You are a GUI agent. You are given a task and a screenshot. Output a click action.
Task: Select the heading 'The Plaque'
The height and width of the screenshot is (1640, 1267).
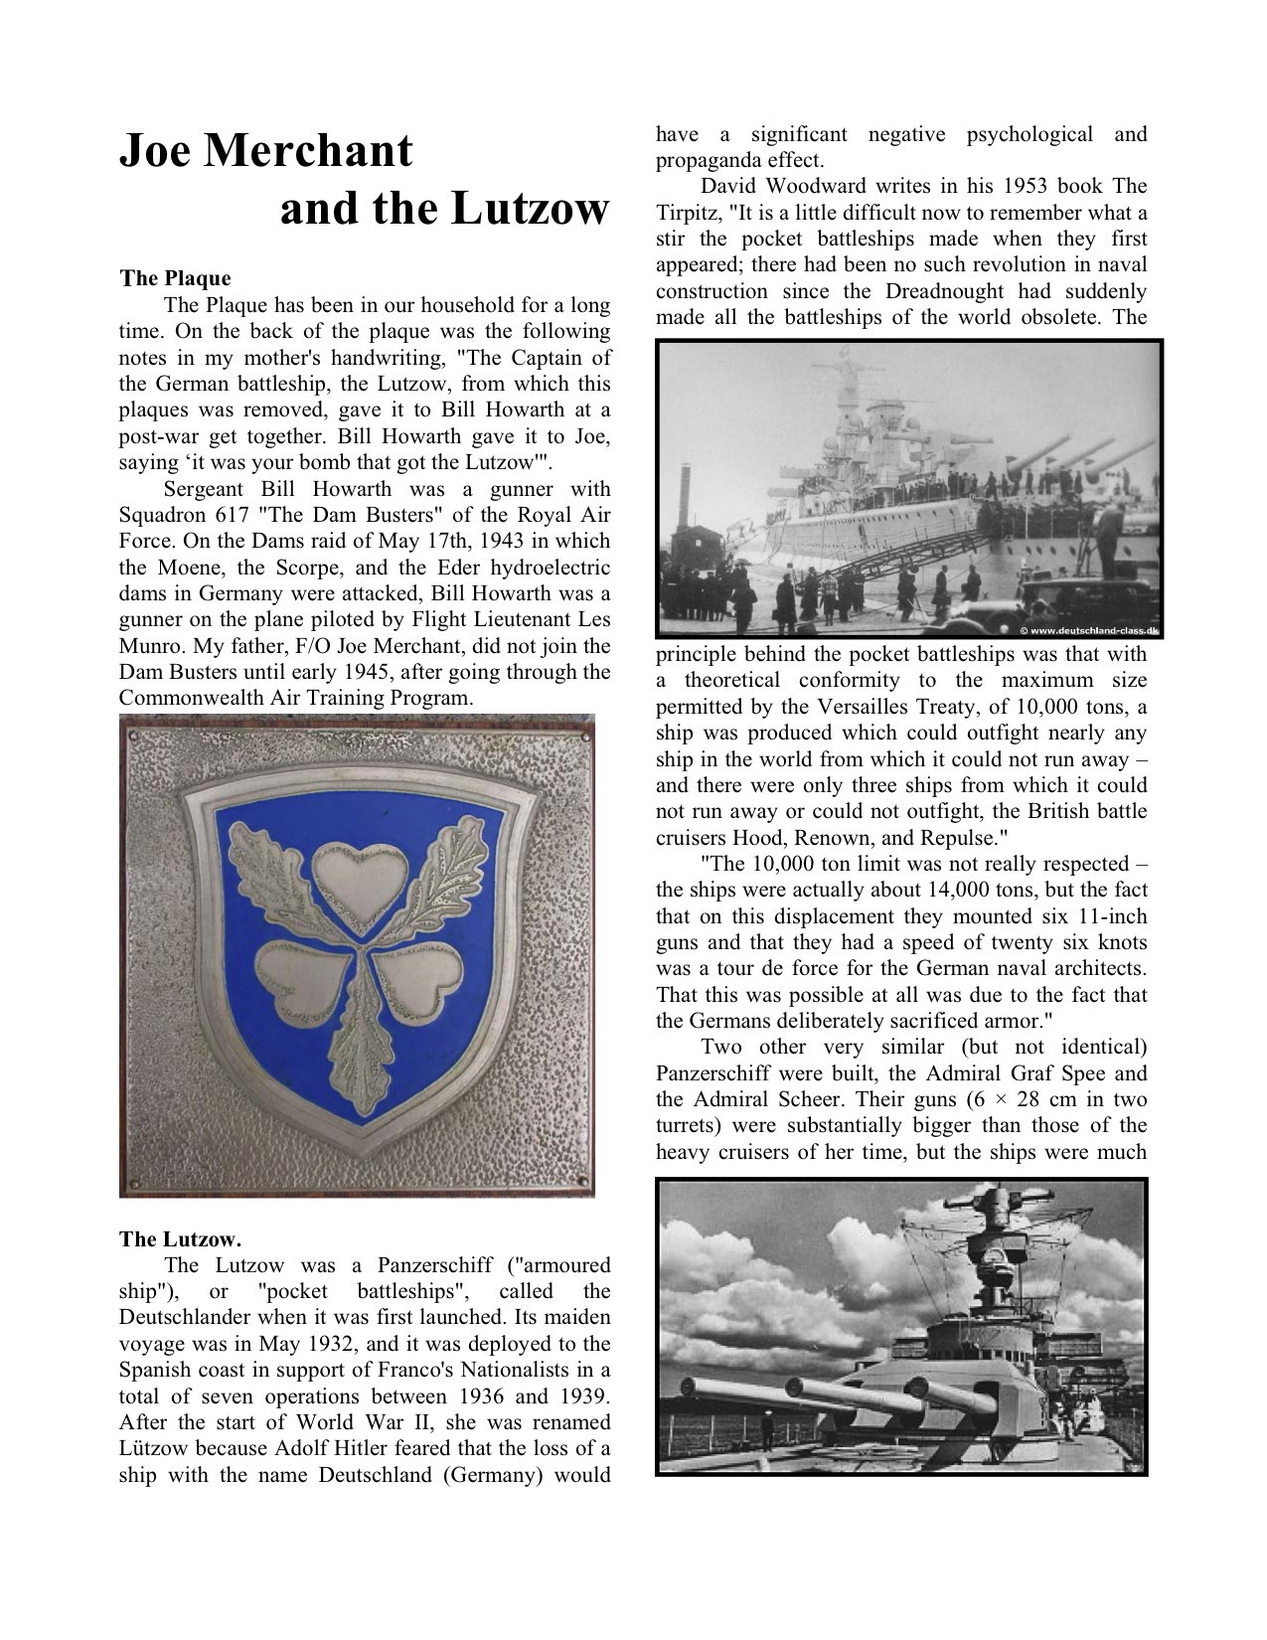point(175,278)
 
